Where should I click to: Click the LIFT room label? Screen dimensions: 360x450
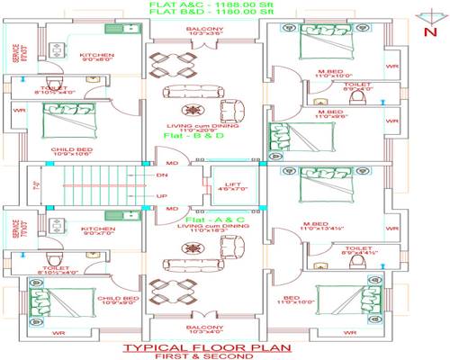[231, 186]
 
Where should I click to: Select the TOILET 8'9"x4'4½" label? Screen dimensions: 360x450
[357, 250]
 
